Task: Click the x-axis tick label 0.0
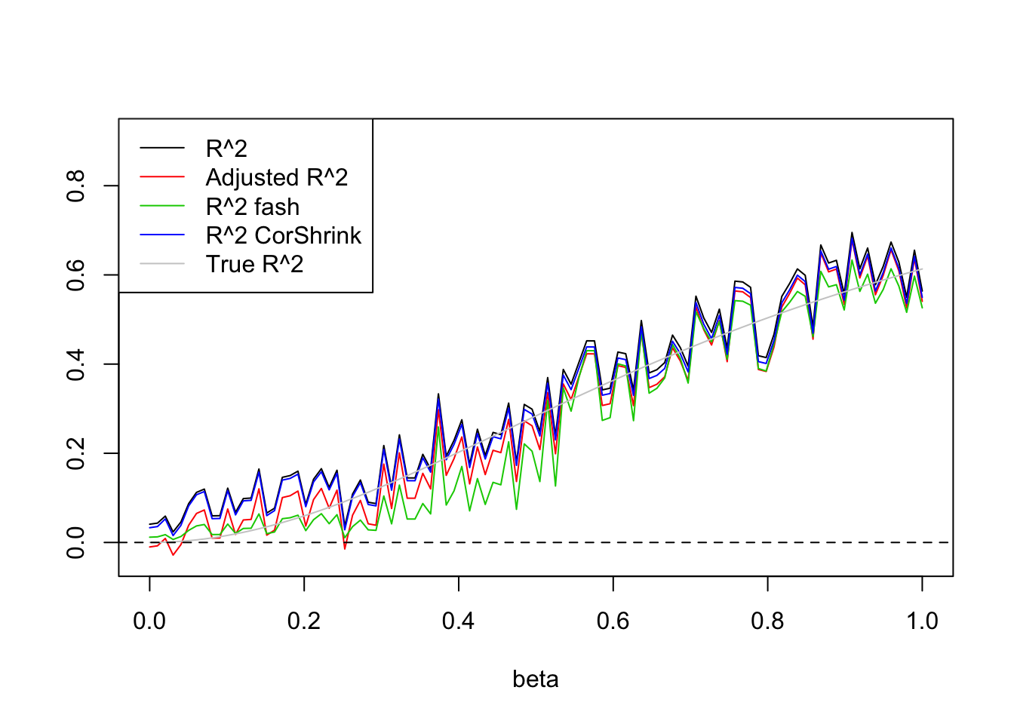(x=149, y=621)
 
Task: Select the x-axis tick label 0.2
(x=304, y=621)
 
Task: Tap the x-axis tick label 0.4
(x=459, y=621)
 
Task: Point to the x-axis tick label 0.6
(x=613, y=621)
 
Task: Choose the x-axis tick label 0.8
(x=767, y=621)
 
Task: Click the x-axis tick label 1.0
(x=922, y=621)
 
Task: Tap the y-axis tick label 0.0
(x=75, y=542)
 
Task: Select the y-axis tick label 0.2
(x=75, y=453)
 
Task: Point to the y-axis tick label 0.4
(x=75, y=364)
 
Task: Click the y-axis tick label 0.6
(x=75, y=275)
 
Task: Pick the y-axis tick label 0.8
(x=75, y=186)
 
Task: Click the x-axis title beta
(x=536, y=680)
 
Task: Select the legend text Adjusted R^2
(x=277, y=177)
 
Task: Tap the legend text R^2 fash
(x=253, y=207)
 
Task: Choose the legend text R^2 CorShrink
(x=284, y=235)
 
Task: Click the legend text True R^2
(x=254, y=264)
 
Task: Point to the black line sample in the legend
(x=162, y=149)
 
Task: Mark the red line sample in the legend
(x=162, y=177)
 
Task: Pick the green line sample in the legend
(x=162, y=206)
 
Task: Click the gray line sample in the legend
(x=162, y=264)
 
